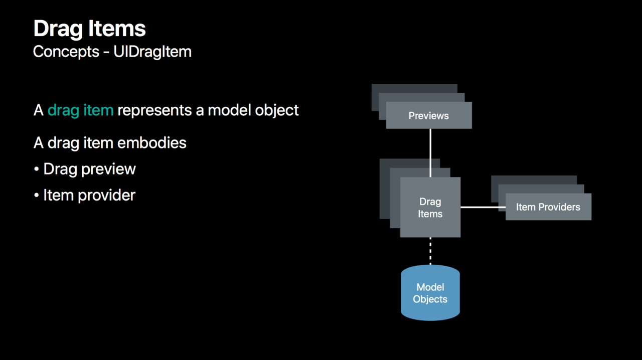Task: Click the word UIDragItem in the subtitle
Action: pos(152,52)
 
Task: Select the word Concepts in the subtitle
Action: pos(66,52)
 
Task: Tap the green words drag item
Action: pos(81,111)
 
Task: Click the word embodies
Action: pos(151,143)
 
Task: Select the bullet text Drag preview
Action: pos(89,169)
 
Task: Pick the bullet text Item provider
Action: pos(89,195)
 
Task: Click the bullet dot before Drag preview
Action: pos(37,169)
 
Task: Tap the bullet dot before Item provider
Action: pos(37,195)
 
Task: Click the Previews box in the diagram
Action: pos(429,115)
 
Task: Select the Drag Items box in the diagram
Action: pos(430,207)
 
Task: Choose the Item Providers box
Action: pos(548,207)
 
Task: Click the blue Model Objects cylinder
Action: pos(430,293)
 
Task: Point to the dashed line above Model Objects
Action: pos(430,251)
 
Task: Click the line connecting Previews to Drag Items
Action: pos(430,153)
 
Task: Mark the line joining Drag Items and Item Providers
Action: pos(483,207)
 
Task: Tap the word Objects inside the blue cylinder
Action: pos(430,299)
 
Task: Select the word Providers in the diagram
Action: pos(559,207)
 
